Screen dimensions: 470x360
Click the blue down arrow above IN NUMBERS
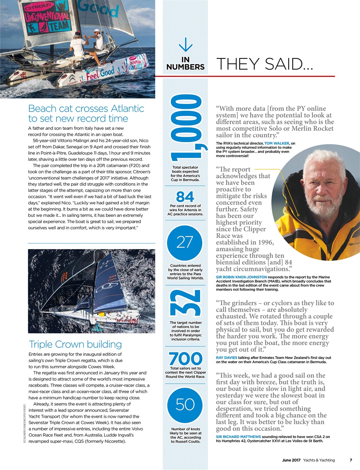tap(185, 45)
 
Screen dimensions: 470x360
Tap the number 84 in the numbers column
tap(185, 197)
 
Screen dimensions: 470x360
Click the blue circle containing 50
tap(185, 404)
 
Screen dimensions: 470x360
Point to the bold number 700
tap(185, 359)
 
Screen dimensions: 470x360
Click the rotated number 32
tap(185, 303)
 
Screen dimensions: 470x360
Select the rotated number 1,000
tap(185, 129)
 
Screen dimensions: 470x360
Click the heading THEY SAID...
tap(265, 64)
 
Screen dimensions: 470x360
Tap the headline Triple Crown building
tap(75, 344)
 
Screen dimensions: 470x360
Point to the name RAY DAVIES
tap(227, 357)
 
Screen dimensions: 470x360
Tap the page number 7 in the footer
tap(350, 460)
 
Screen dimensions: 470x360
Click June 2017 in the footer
tap(291, 460)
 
